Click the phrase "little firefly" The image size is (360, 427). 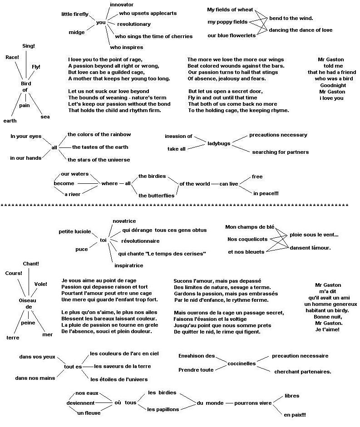tap(75, 15)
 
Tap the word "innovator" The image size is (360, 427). tap(122, 4)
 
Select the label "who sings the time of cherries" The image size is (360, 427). tap(154, 36)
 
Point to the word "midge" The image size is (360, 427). tap(76, 32)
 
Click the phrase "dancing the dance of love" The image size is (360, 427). tap(301, 30)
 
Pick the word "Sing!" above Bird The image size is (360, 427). tap(29, 46)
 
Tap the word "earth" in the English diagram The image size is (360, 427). tap(10, 121)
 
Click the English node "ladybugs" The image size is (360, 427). tap(219, 143)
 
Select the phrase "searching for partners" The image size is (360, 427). tap(280, 152)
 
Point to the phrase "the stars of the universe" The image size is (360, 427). tap(99, 160)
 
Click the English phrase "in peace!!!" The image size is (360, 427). tap(266, 193)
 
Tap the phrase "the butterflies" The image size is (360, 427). tap(156, 196)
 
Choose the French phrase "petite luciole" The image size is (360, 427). tap(75, 231)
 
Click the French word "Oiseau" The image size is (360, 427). tap(28, 300)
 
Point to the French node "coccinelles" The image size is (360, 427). tap(242, 363)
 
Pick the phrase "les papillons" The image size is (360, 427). tap(163, 409)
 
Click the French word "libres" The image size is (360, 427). tap(292, 396)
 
